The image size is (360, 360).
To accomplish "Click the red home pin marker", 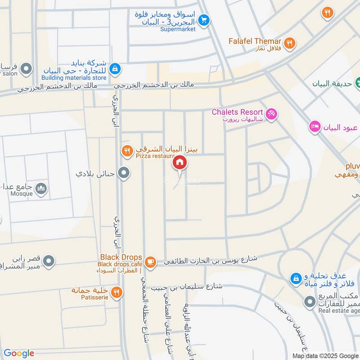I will pyautogui.click(x=180, y=162).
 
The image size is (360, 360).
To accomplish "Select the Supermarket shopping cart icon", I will pyautogui.click(x=204, y=20).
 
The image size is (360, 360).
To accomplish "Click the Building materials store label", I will pyautogui.click(x=75, y=77).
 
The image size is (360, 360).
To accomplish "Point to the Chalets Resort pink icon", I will pyautogui.click(x=271, y=114).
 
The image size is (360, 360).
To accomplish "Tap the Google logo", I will pyautogui.click(x=19, y=353).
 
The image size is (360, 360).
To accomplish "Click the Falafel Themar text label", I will pyautogui.click(x=254, y=41).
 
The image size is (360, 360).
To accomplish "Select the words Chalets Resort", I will pyautogui.click(x=237, y=112).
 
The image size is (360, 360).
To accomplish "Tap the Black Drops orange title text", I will pyautogui.click(x=121, y=257).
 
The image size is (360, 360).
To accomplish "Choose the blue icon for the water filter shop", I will pyautogui.click(x=296, y=279).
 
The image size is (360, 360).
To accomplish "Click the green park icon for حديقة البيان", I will pyautogui.click(x=358, y=82).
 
